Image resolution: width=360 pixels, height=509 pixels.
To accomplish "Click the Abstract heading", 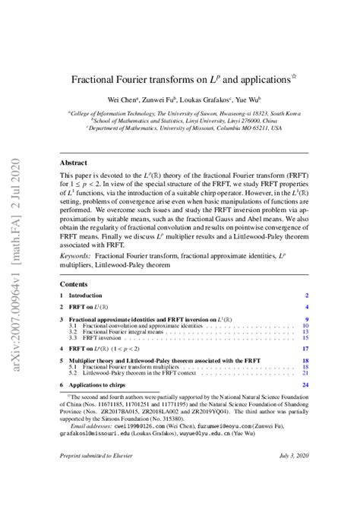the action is (x=73, y=163).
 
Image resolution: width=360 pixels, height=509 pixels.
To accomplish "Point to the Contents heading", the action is (x=74, y=284).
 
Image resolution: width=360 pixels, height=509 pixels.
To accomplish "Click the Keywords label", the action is (x=78, y=257).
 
